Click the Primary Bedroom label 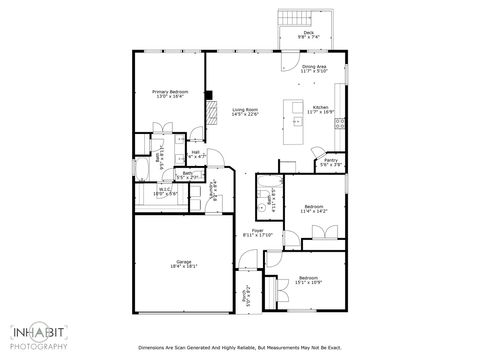pyautogui.click(x=170, y=94)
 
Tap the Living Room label pyautogui.click(x=245, y=112)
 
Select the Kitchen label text pyautogui.click(x=321, y=109)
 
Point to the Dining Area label pyautogui.click(x=314, y=69)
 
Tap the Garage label pyautogui.click(x=183, y=264)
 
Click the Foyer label pyautogui.click(x=258, y=233)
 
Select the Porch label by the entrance pyautogui.click(x=247, y=294)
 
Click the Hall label pyautogui.click(x=196, y=155)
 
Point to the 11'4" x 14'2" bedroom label pyautogui.click(x=314, y=209)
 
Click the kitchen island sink pyautogui.click(x=297, y=121)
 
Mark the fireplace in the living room pyautogui.click(x=210, y=111)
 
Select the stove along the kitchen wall pyautogui.click(x=341, y=124)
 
